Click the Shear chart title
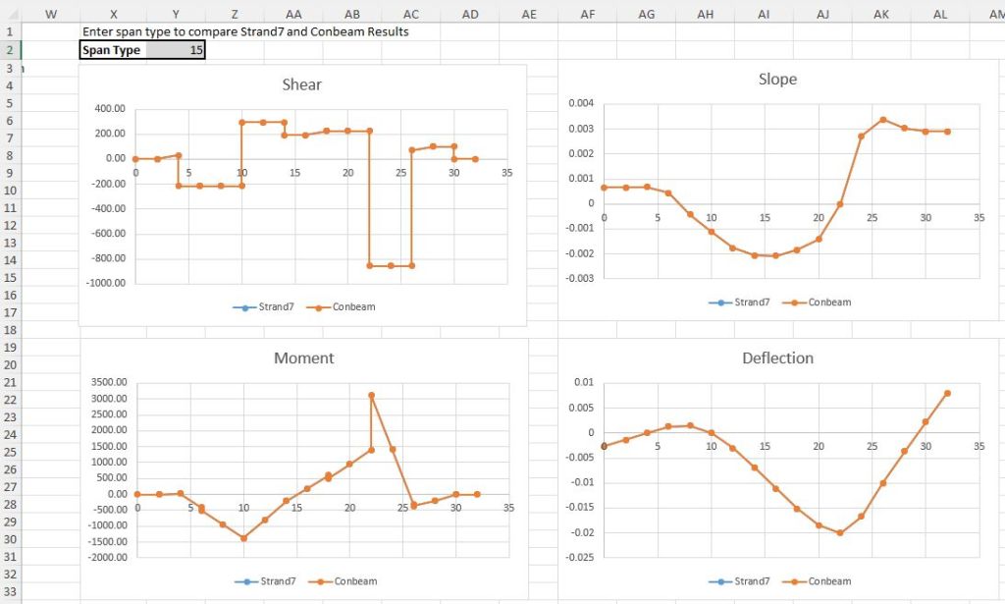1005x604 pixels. point(301,84)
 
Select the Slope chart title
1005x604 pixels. point(777,79)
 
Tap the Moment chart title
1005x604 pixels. point(303,358)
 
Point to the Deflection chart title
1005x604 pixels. point(777,358)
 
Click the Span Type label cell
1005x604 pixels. point(111,50)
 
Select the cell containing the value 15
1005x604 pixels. point(177,50)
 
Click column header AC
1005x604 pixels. point(411,13)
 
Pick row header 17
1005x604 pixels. point(9,312)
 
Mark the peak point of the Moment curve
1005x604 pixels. point(371,396)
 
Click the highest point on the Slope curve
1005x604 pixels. point(883,120)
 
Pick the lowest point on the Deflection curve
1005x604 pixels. point(840,533)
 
